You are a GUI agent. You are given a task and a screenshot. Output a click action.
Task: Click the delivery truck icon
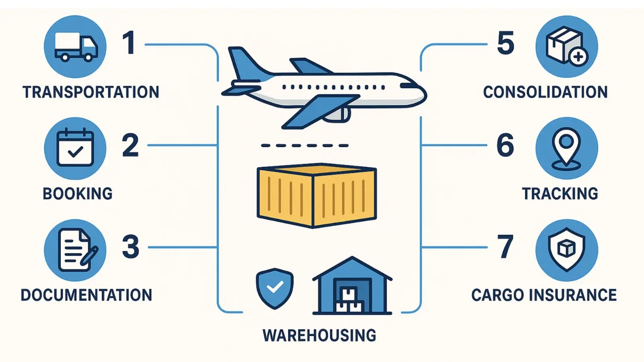[x=75, y=46]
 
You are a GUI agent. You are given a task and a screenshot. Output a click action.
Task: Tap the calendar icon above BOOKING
[x=75, y=148]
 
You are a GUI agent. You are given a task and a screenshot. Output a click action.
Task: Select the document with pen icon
[x=75, y=250]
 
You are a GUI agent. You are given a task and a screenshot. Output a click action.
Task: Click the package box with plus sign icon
[x=566, y=47]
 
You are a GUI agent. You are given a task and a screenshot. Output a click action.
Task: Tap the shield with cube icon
[x=566, y=250]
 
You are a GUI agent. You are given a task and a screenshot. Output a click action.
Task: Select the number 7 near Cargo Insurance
[x=506, y=247]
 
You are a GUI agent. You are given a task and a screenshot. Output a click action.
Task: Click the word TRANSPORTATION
[x=91, y=92]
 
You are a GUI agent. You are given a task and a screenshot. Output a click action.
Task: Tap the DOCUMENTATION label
[x=87, y=295]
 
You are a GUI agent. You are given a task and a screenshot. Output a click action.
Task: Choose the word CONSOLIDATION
[x=545, y=92]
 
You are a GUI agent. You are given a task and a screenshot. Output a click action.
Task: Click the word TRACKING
[x=560, y=194]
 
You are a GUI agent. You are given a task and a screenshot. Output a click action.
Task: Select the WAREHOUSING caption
[x=320, y=335]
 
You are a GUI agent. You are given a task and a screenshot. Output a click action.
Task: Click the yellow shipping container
[x=316, y=196]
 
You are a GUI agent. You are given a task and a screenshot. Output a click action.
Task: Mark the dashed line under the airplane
[x=305, y=146]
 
